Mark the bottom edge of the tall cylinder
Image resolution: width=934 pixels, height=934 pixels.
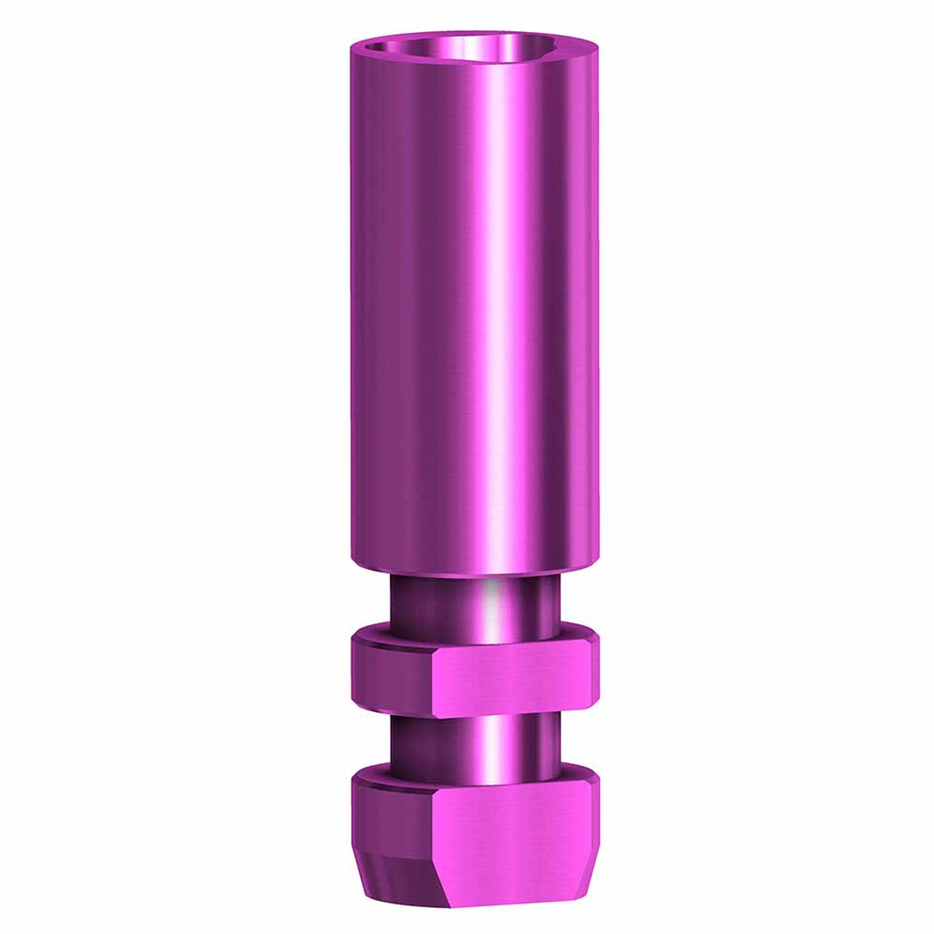pos(474,575)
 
